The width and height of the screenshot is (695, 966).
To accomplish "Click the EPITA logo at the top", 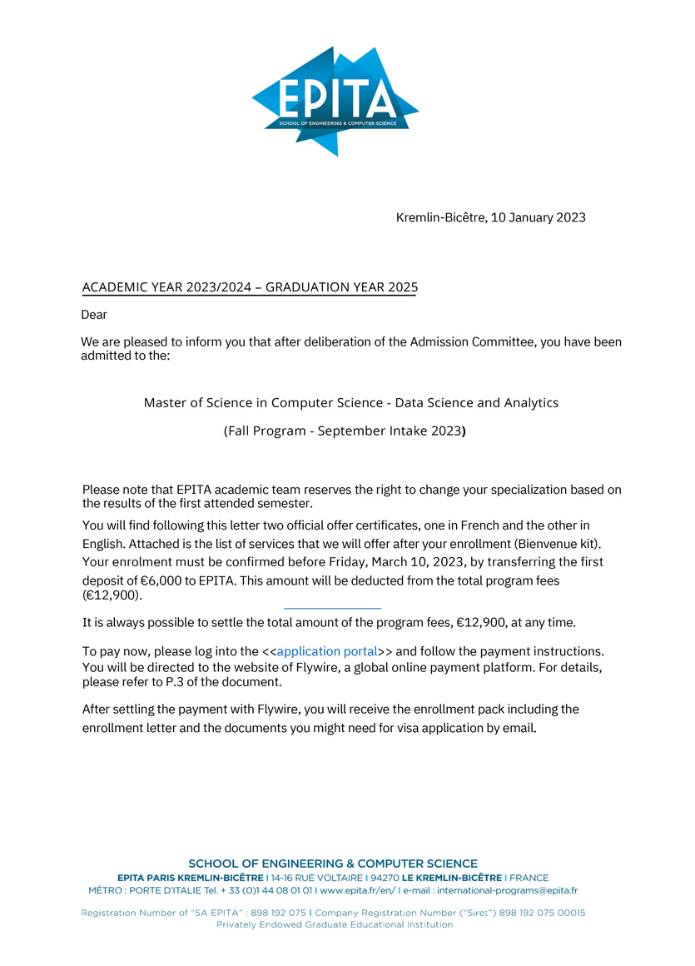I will [x=335, y=100].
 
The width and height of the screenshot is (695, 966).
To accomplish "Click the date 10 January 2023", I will [x=538, y=218].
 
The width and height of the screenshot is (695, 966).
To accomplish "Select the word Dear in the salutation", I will [x=94, y=315].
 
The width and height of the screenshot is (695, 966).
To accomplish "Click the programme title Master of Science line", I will [x=350, y=403].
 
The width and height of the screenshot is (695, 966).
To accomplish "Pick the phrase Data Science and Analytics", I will [x=476, y=403].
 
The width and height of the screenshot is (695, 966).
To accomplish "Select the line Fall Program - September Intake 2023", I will [x=344, y=432].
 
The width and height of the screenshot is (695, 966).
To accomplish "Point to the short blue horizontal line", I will [x=332, y=609].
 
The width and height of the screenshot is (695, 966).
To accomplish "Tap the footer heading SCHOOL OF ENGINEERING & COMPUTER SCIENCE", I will [x=333, y=864].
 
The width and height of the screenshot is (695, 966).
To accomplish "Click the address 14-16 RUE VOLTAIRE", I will [x=317, y=878].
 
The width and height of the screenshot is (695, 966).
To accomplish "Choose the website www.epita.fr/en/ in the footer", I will [x=357, y=890].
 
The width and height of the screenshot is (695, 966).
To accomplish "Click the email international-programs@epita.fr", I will [x=507, y=890].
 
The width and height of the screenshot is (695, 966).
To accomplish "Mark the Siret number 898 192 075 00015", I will [x=542, y=913].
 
